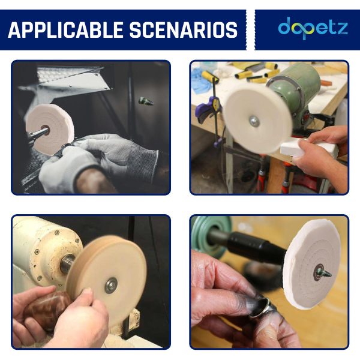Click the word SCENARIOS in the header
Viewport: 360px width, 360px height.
(184, 30)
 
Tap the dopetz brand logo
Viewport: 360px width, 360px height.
(313, 28)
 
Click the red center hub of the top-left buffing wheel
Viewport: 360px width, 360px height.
(45, 130)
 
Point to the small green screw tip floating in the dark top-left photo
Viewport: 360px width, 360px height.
(146, 101)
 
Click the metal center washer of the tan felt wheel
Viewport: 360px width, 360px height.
(112, 285)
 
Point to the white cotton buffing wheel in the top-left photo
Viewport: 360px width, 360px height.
(49, 129)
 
